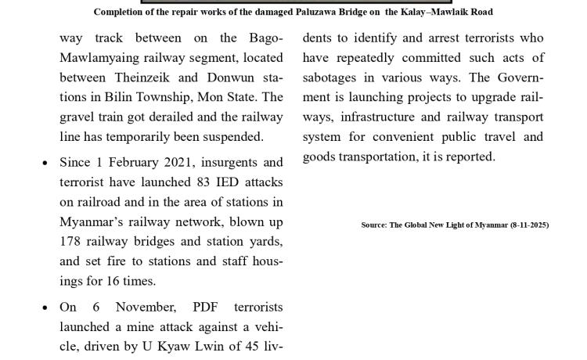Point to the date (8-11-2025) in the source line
(x=529, y=225)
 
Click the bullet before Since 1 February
(x=45, y=164)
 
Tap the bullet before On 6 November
(x=45, y=308)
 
